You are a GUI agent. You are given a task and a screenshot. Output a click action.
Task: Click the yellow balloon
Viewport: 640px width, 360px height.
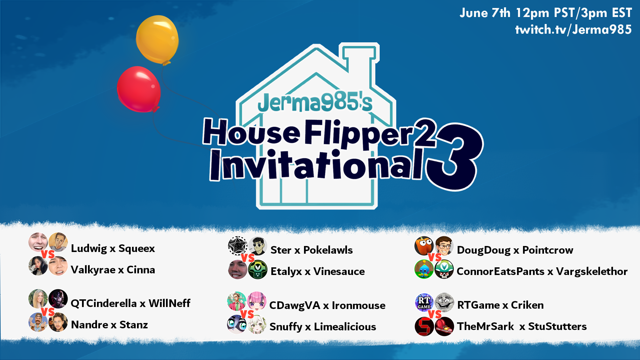pyautogui.click(x=157, y=39)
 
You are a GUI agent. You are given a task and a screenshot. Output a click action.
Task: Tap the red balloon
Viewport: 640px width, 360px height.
pyautogui.click(x=139, y=89)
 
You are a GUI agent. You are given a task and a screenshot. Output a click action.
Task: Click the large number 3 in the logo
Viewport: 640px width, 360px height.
pyautogui.click(x=455, y=157)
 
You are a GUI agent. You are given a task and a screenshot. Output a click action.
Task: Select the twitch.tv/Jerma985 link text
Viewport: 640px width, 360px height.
pyautogui.click(x=573, y=30)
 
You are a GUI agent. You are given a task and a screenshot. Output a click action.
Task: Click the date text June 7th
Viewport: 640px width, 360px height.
pyautogui.click(x=485, y=13)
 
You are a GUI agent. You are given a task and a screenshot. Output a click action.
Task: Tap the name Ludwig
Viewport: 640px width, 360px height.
pyautogui.click(x=89, y=248)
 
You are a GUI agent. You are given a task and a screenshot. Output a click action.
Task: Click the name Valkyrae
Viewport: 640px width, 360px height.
pyautogui.click(x=93, y=270)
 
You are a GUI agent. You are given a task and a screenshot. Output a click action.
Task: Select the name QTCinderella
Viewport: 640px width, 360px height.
pyautogui.click(x=104, y=303)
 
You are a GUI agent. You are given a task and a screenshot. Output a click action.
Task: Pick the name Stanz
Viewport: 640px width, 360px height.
pyautogui.click(x=133, y=325)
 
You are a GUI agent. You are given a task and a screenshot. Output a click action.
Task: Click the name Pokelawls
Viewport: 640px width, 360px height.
pyautogui.click(x=328, y=250)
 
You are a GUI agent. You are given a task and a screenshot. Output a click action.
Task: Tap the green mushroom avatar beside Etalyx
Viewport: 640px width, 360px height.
pyautogui.click(x=258, y=270)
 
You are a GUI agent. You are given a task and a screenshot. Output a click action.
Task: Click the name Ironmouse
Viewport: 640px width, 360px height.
pyautogui.click(x=358, y=305)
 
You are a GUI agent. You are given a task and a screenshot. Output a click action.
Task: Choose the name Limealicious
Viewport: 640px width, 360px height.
pyautogui.click(x=345, y=327)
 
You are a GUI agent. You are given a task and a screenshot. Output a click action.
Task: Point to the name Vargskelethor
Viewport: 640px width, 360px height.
pyautogui.click(x=592, y=271)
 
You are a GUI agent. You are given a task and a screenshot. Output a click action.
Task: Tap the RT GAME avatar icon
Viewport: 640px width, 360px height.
pyautogui.click(x=424, y=302)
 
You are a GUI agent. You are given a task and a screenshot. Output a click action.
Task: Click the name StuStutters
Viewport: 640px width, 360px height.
pyautogui.click(x=557, y=326)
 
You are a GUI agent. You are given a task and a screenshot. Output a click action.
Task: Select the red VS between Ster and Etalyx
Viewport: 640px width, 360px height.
pyautogui.click(x=248, y=258)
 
